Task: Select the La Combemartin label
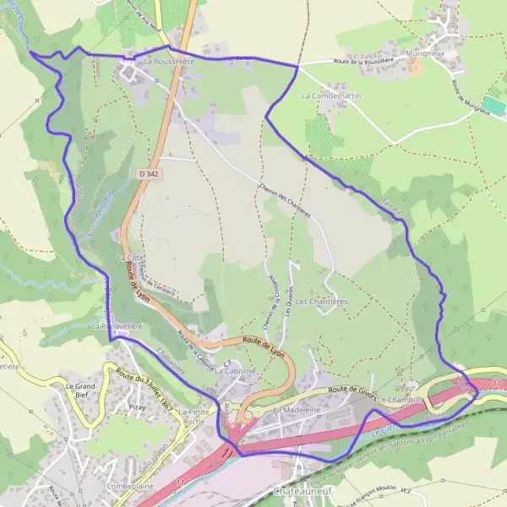331,96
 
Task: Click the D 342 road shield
151,173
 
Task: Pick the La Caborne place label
234,370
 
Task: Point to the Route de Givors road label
351,388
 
